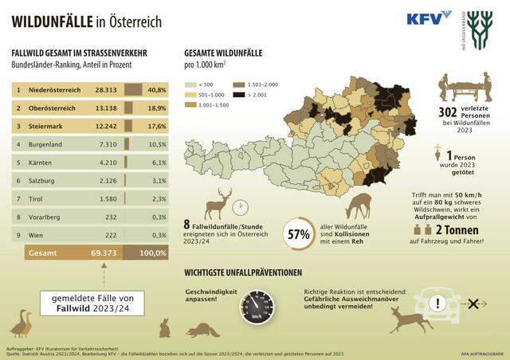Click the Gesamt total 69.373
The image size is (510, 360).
coord(108,253)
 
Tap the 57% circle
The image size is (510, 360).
coord(299,236)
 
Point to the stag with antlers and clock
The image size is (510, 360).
coord(222,205)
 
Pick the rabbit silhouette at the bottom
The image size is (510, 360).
coord(165,327)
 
